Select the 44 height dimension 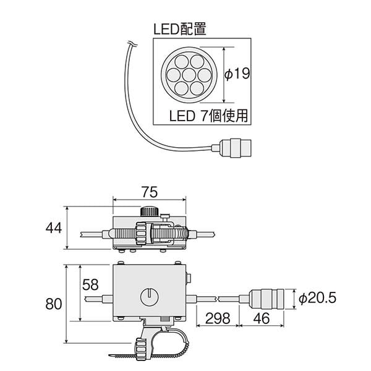coord(53,228)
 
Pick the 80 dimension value coord(53,304)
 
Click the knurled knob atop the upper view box coord(148,211)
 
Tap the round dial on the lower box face coord(150,296)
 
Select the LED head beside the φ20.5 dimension coord(269,298)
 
